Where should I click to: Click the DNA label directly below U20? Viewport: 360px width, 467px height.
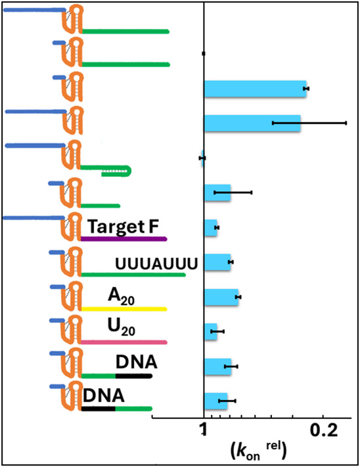(136, 362)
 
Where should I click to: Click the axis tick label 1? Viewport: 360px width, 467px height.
(204, 430)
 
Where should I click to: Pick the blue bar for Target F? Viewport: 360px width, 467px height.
(210, 228)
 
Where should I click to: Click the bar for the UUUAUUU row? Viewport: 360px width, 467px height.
(217, 262)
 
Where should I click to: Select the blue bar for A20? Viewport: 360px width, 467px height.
(221, 297)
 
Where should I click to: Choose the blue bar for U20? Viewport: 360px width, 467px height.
(210, 332)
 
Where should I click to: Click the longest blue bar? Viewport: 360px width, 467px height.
(255, 88)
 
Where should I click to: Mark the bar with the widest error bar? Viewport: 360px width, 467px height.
(252, 123)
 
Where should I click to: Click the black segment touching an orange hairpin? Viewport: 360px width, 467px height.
(99, 408)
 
